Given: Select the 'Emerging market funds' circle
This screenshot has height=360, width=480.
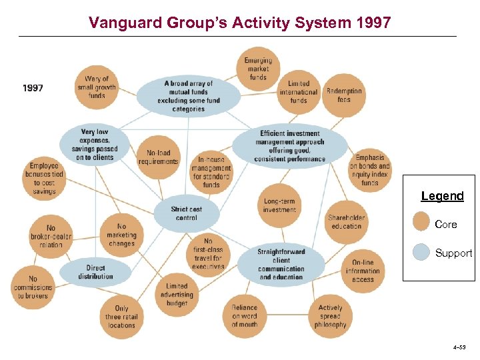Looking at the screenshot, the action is click(258, 69).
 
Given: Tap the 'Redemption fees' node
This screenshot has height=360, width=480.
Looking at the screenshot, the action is click(344, 95).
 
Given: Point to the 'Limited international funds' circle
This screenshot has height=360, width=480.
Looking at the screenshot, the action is click(299, 93).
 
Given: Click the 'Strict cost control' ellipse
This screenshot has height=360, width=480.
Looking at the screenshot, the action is click(186, 213).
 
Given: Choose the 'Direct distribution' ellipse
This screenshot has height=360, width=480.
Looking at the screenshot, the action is click(95, 272).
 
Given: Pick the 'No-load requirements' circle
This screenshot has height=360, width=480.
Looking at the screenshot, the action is click(158, 157).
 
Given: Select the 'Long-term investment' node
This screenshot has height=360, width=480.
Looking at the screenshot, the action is click(279, 205).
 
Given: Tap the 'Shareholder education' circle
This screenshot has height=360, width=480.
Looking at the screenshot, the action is click(347, 221).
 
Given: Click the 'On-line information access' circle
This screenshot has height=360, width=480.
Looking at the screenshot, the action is click(363, 271).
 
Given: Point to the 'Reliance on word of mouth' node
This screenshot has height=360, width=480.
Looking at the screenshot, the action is click(244, 316).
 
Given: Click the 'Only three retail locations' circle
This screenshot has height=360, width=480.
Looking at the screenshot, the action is click(121, 317).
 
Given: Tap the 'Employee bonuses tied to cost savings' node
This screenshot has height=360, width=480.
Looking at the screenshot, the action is click(45, 178).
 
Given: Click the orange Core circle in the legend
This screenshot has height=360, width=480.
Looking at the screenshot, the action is click(421, 222).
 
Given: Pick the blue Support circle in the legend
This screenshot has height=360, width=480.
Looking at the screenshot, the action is click(421, 251).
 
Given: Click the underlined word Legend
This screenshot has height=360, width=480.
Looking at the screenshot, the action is click(442, 196).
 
